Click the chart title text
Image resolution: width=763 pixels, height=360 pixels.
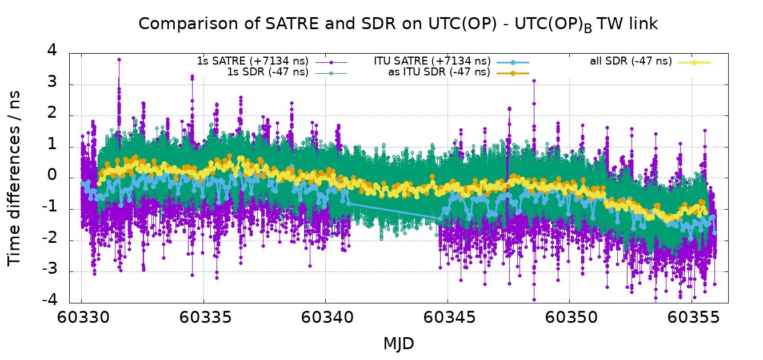click(x=398, y=24)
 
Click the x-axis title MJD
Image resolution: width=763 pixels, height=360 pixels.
click(x=398, y=343)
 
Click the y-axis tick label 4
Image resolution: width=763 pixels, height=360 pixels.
click(x=52, y=50)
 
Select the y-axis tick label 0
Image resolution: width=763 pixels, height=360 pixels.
click(x=52, y=175)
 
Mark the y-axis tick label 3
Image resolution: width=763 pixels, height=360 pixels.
click(x=52, y=81)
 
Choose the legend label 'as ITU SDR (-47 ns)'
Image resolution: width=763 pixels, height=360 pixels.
click(x=439, y=72)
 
